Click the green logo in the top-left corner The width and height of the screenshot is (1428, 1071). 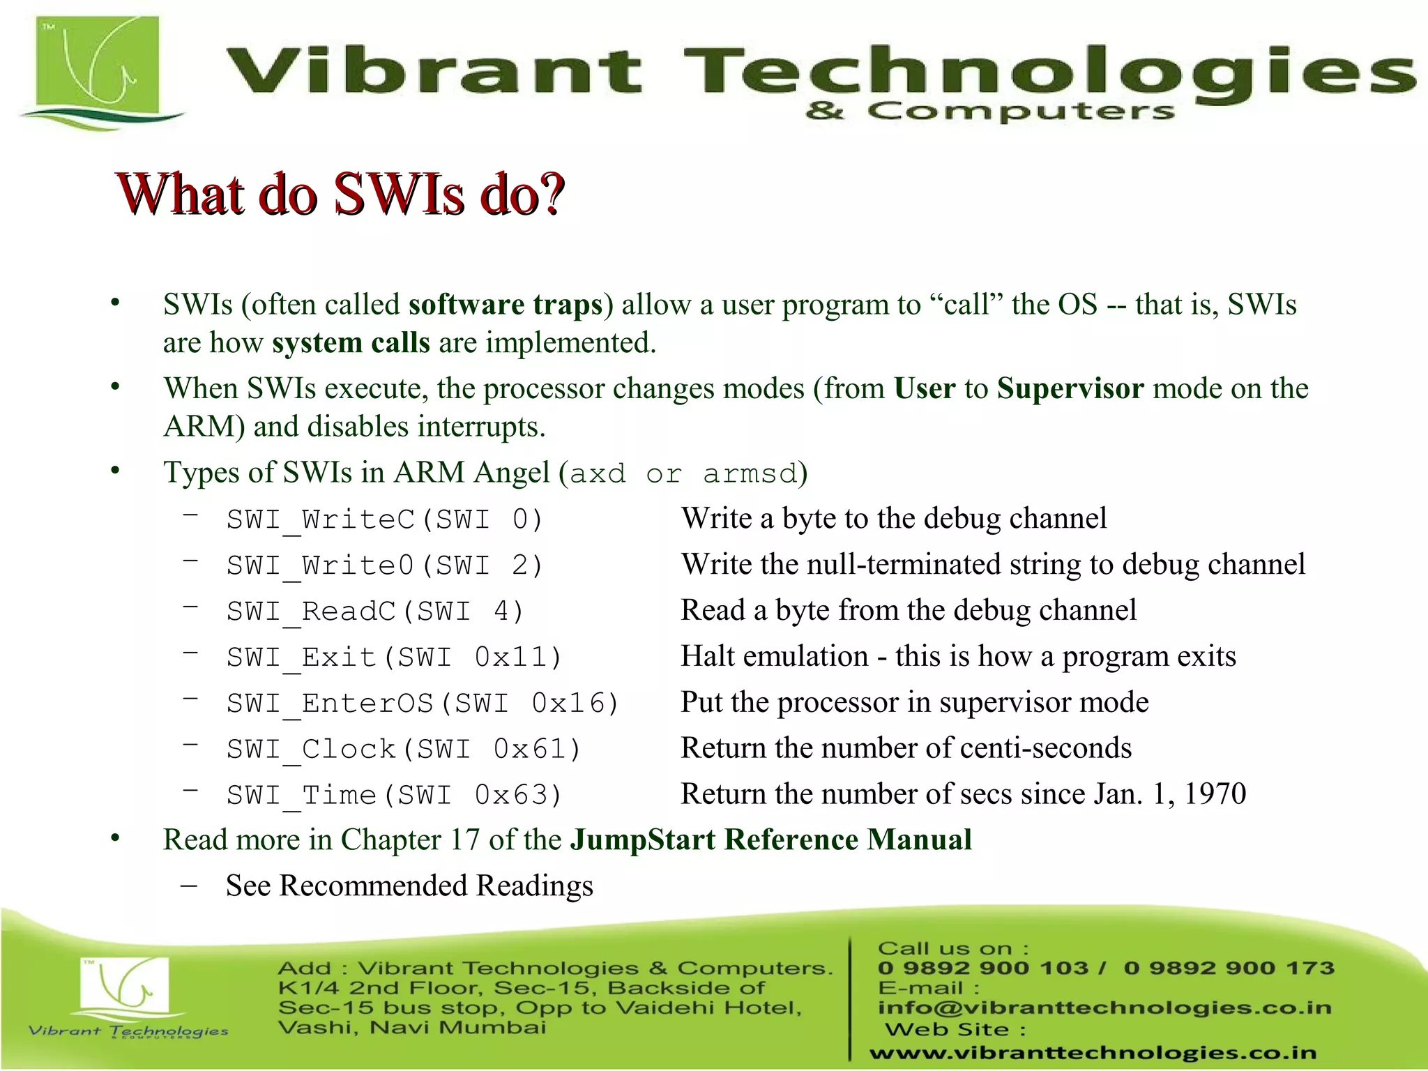pyautogui.click(x=98, y=70)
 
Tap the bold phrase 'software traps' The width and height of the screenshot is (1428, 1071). pyautogui.click(x=506, y=305)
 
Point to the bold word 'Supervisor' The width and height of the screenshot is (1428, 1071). pyautogui.click(x=1070, y=388)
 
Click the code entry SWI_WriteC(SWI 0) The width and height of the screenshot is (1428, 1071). pyautogui.click(x=384, y=520)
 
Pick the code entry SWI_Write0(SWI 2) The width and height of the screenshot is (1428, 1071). pyautogui.click(x=384, y=565)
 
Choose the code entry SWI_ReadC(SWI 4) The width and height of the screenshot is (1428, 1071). pyautogui.click(x=375, y=612)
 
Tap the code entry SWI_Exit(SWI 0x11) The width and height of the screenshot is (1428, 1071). pyautogui.click(x=394, y=658)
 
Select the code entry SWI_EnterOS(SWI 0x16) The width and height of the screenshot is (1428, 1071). pyautogui.click(x=423, y=704)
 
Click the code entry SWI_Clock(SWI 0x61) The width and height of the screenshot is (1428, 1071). pyautogui.click(x=404, y=750)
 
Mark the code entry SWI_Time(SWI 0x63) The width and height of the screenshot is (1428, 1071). pyautogui.click(x=394, y=796)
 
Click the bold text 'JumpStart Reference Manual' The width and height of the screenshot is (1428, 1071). pyautogui.click(x=771, y=840)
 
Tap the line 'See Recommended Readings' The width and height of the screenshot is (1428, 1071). pyautogui.click(x=409, y=886)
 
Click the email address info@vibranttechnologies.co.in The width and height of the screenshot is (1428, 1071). pyautogui.click(x=1104, y=1008)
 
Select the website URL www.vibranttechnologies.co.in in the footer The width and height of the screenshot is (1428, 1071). pyautogui.click(x=1093, y=1053)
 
